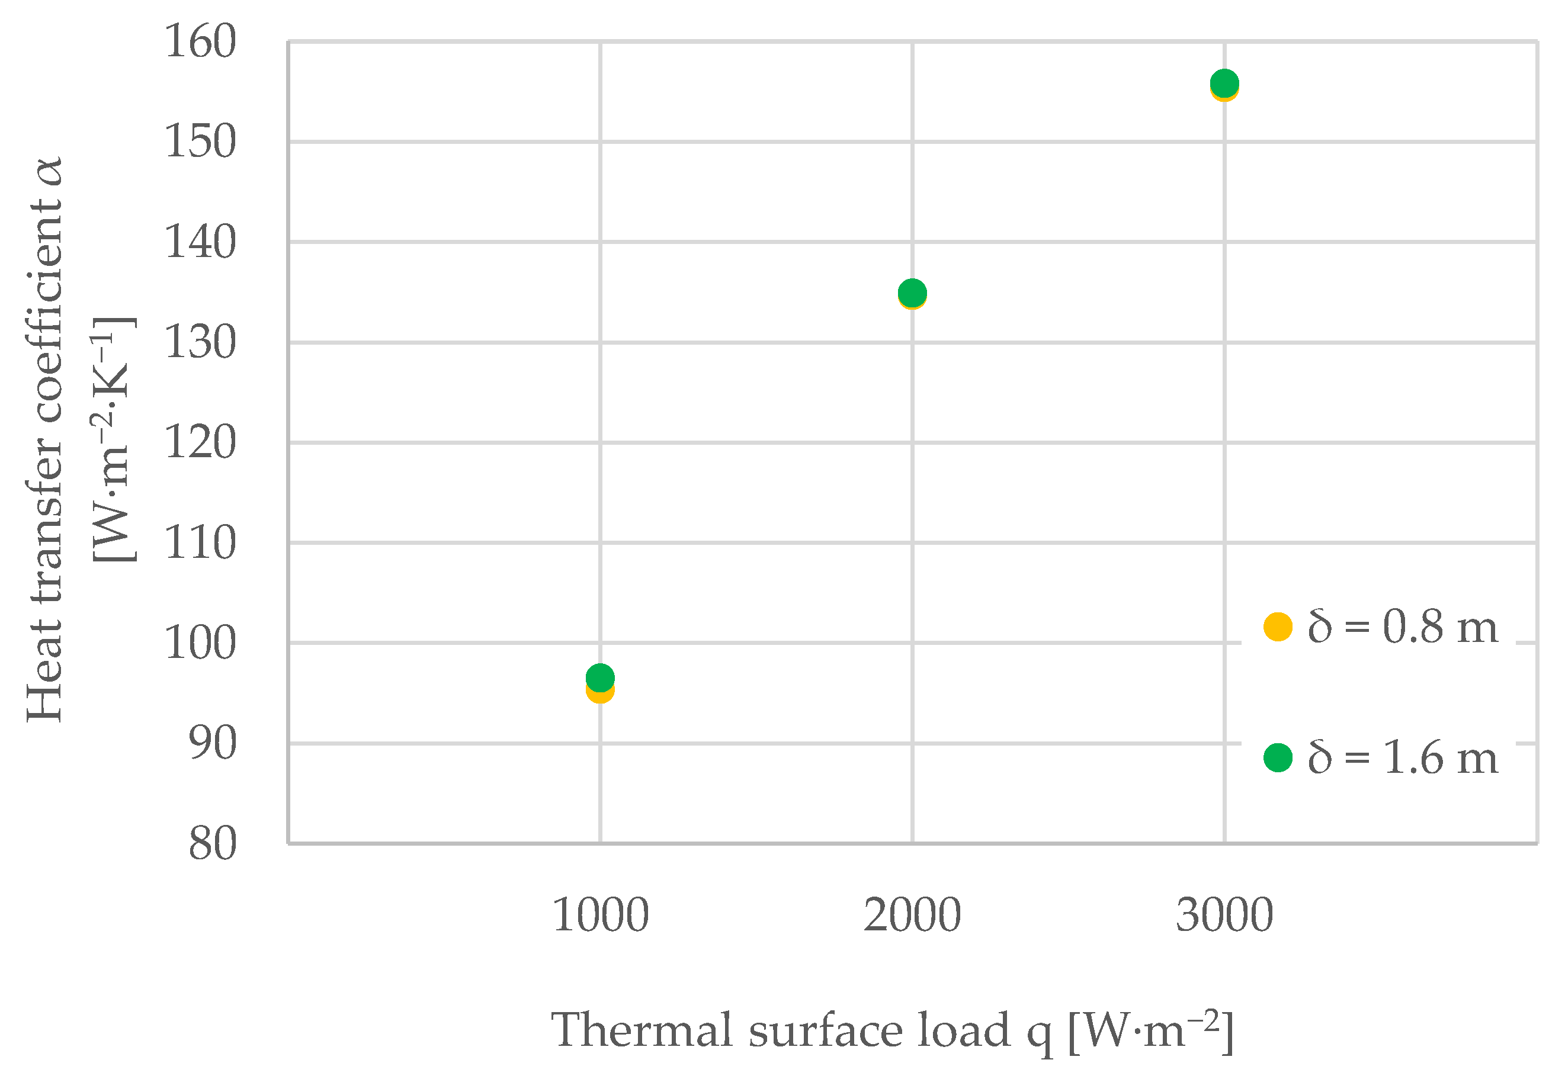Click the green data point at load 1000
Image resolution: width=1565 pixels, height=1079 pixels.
pos(599,677)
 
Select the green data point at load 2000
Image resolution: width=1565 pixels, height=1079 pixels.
pos(912,292)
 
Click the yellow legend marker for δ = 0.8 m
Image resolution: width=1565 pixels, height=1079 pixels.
pos(1278,627)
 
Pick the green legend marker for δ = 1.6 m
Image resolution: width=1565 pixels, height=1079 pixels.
pos(1278,757)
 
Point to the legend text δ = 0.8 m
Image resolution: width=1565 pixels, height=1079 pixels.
pos(1403,627)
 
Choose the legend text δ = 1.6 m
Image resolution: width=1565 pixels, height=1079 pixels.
pos(1403,757)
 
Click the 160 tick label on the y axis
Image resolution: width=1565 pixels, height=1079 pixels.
pos(200,42)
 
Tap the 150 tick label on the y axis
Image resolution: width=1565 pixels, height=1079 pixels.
pos(200,142)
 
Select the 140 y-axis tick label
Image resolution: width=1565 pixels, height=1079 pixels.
pos(200,242)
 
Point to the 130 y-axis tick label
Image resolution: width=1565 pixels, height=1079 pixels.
pos(200,343)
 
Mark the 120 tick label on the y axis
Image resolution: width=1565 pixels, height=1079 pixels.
pos(200,443)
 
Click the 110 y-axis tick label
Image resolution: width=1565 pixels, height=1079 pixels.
pos(200,543)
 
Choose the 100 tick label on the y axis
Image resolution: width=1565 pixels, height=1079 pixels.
pos(200,643)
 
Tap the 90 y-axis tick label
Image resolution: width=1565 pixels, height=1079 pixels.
pos(212,744)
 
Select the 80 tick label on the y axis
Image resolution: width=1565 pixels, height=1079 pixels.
pos(212,844)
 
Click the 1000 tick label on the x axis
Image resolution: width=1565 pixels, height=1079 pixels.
pos(600,916)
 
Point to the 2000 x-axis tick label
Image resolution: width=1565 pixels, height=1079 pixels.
pos(912,916)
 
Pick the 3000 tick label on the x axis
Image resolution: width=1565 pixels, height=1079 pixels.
pos(1224,916)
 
